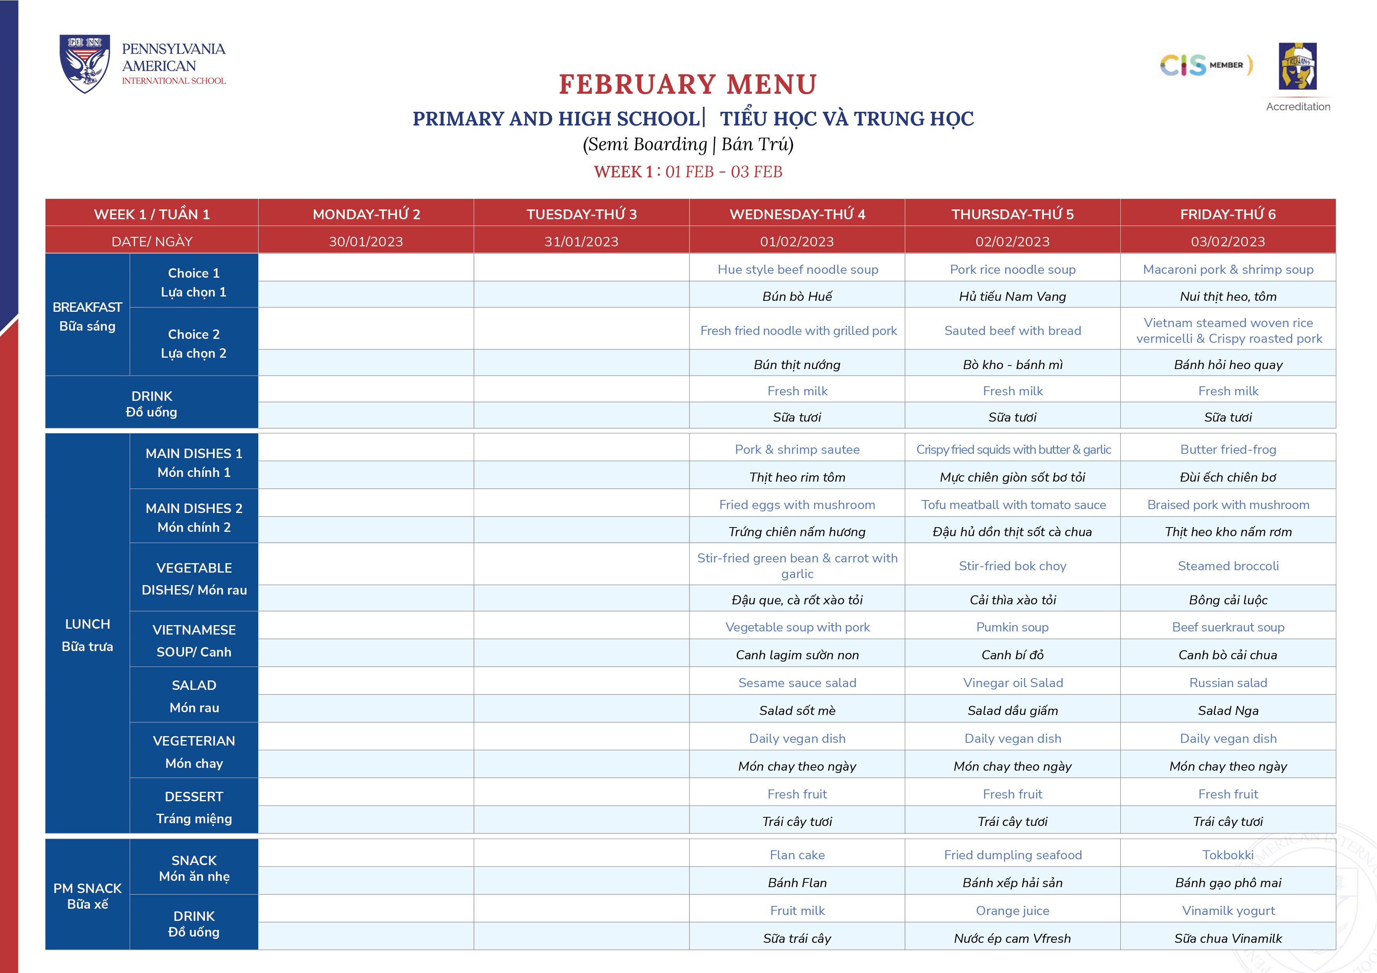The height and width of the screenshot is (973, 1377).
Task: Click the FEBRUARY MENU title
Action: coord(688,85)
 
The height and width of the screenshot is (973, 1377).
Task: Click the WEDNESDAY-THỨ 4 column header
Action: coord(797,214)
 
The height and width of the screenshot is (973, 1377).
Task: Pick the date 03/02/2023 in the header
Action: coord(1227,242)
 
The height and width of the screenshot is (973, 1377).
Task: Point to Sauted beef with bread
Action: coord(1012,331)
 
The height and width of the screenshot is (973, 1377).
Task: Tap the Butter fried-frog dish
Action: coord(1227,449)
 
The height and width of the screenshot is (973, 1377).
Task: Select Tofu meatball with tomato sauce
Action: coord(1013,505)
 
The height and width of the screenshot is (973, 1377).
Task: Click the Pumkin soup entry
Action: coord(1012,627)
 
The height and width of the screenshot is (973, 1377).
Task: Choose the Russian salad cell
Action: coord(1227,683)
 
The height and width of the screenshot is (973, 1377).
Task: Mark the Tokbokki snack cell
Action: coord(1227,855)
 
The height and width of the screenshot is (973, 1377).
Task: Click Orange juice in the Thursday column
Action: coord(1012,911)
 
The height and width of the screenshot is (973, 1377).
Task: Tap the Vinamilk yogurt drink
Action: coord(1227,911)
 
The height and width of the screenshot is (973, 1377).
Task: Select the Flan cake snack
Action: coord(797,855)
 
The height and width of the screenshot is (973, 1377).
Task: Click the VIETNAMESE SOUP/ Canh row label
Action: coord(194,640)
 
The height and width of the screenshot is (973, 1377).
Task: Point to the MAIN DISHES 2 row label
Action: coord(194,517)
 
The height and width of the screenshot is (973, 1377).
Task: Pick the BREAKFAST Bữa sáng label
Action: coord(88,316)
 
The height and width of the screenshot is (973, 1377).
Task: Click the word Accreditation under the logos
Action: coord(1298,107)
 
